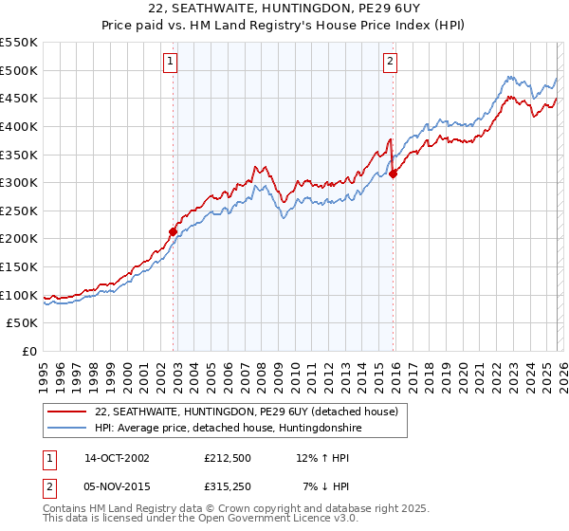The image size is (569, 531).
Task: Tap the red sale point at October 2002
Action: pos(174,231)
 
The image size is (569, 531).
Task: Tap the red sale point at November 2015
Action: pos(394,174)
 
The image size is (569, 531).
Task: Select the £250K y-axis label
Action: pos(20,211)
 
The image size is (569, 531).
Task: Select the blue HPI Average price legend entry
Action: pos(228,429)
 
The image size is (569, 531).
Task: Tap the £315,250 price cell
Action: pos(229,486)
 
